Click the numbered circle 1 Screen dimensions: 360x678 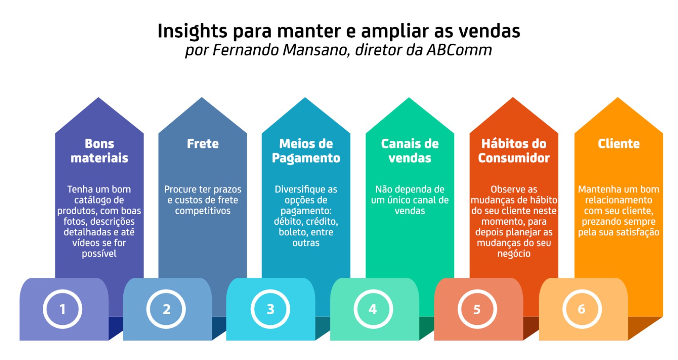(62, 309)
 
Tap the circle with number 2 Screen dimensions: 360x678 (166, 309)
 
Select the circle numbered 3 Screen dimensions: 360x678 (270, 309)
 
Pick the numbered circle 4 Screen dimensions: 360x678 (373, 309)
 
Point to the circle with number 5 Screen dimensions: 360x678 (477, 309)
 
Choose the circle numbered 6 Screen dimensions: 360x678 (581, 309)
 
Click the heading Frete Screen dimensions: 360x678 (203, 144)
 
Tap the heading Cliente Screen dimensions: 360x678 (619, 144)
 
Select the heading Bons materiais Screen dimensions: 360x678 (99, 151)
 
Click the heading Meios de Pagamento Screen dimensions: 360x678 (306, 151)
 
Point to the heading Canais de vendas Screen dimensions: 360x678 (410, 151)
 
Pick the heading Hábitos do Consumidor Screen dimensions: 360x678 (514, 151)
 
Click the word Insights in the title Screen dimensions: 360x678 (192, 31)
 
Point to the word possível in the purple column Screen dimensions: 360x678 (99, 254)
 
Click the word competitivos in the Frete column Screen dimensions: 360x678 (203, 211)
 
